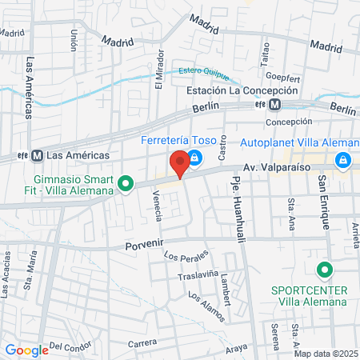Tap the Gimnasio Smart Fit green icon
tap(125, 185)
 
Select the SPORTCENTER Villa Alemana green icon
tap(323, 270)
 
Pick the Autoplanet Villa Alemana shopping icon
tap(342, 161)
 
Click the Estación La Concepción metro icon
tap(274, 105)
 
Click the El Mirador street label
tap(159, 70)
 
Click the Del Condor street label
tap(67, 346)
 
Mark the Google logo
tap(26, 350)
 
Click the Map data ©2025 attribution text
tap(325, 353)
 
